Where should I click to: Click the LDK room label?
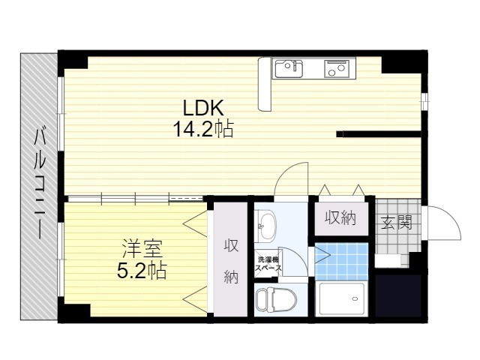(202, 108)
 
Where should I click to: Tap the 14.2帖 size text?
(203, 129)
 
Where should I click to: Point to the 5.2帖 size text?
(142, 270)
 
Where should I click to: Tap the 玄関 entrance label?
(397, 223)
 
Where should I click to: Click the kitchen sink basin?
(289, 69)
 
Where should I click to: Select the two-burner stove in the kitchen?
(337, 68)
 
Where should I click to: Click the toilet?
(277, 299)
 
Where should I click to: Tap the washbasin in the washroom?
(265, 226)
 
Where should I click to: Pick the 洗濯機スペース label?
(268, 264)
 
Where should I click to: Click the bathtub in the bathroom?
(342, 299)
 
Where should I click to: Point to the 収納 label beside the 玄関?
(340, 218)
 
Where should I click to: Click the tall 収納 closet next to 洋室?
(230, 259)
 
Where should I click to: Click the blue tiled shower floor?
(341, 262)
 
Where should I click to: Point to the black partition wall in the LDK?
(379, 134)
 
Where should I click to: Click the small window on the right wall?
(424, 101)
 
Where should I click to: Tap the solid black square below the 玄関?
(398, 295)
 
